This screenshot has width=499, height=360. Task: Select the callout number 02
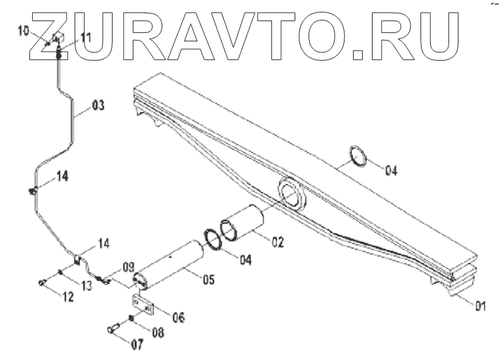(276, 242)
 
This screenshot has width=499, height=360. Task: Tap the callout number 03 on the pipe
(98, 104)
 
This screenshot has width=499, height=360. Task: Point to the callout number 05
(208, 280)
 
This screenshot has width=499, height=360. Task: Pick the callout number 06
(177, 317)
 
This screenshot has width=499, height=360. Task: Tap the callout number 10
(23, 31)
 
